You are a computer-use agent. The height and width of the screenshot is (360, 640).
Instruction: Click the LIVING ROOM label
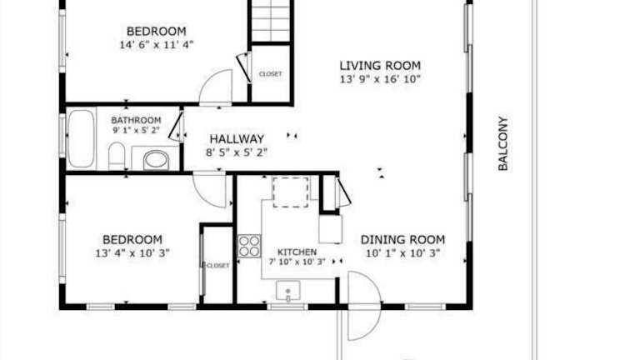click(380, 66)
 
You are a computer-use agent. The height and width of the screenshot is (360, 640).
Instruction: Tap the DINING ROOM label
click(402, 240)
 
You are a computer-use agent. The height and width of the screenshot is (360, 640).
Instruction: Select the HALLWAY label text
click(237, 139)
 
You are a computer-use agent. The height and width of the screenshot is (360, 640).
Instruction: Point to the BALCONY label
click(502, 143)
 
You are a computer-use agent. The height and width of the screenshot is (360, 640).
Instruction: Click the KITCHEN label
click(297, 252)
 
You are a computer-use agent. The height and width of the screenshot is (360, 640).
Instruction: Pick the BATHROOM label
click(136, 120)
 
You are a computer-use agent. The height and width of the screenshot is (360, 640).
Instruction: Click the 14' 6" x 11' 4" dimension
click(157, 44)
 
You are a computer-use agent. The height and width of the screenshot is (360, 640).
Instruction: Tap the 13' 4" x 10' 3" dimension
click(132, 253)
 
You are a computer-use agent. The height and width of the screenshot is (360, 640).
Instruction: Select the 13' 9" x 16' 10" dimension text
click(380, 79)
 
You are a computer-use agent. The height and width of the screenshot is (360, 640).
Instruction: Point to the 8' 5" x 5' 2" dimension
click(237, 152)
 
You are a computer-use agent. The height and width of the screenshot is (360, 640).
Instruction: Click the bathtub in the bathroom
click(81, 139)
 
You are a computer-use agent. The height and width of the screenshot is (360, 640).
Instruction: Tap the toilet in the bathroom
click(117, 156)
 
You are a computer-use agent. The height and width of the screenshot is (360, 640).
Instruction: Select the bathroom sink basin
click(156, 160)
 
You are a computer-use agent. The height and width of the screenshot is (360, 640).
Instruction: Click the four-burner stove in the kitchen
click(249, 246)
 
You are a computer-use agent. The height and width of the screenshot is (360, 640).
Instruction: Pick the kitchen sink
click(288, 291)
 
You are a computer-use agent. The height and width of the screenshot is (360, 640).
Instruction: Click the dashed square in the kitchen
click(291, 192)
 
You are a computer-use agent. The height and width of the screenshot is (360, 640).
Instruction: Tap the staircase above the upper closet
click(271, 21)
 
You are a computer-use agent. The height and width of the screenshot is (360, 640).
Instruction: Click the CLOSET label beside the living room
click(270, 74)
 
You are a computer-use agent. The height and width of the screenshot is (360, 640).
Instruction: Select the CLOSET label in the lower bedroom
click(218, 266)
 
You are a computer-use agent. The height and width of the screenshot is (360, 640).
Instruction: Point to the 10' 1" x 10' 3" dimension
click(402, 253)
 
